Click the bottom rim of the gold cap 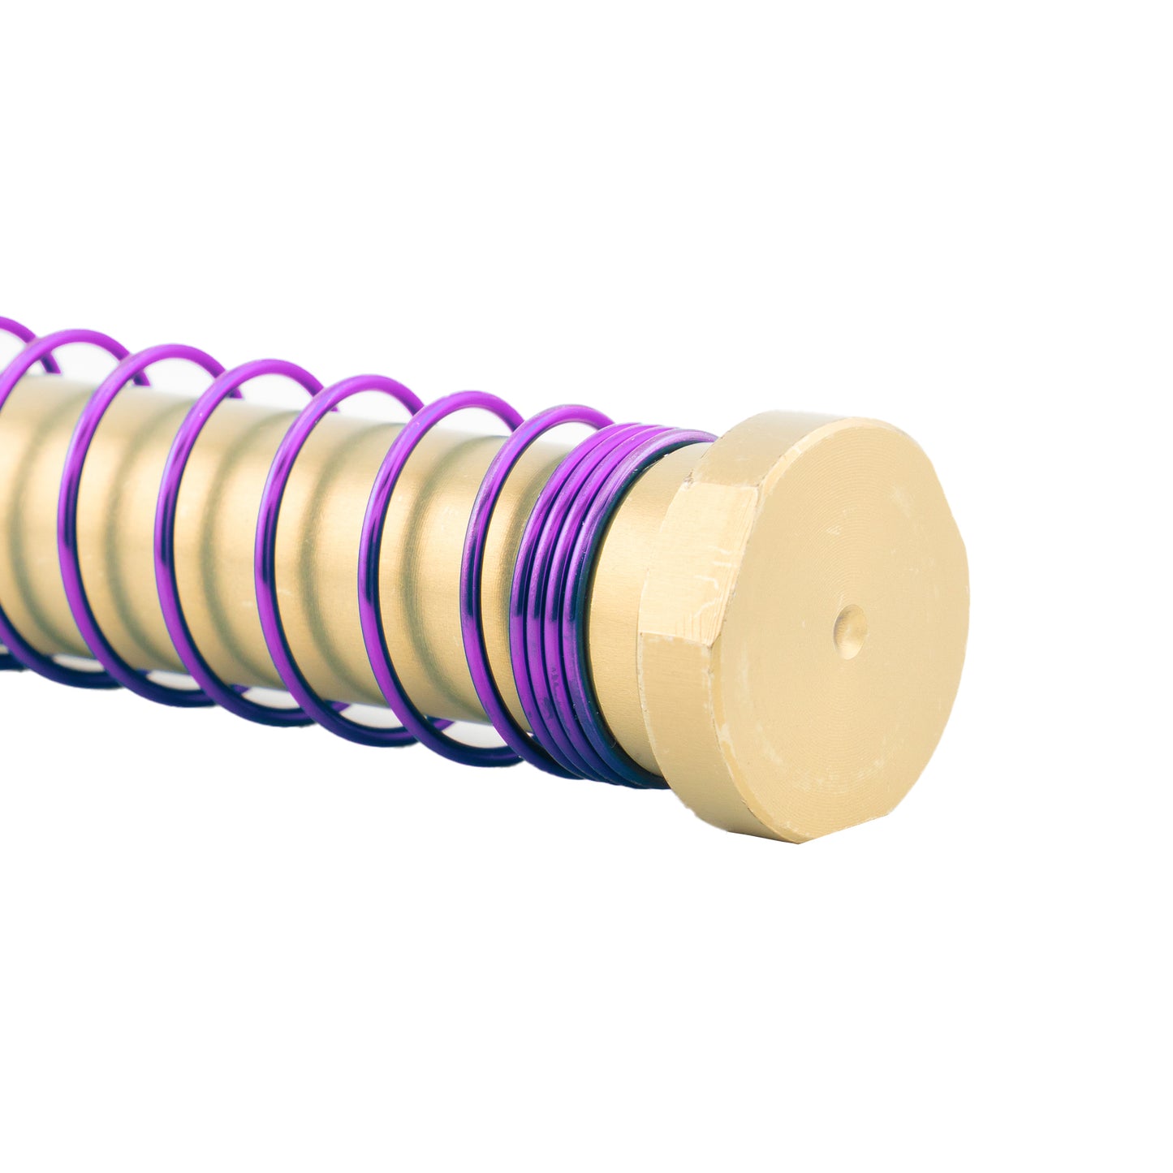coord(779,836)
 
